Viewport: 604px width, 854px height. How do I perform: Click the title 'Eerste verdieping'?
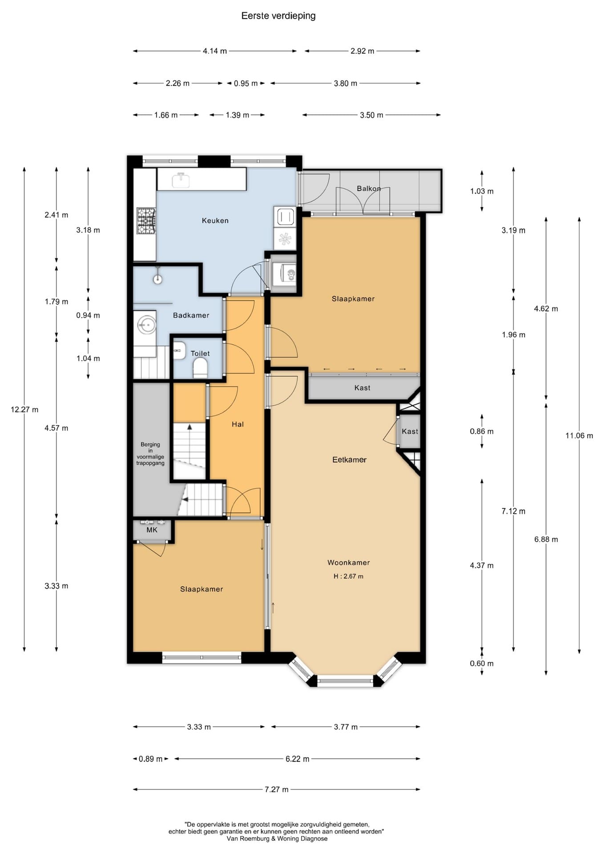tap(278, 16)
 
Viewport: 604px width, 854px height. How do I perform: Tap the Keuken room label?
tap(215, 221)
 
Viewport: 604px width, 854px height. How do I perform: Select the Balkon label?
tap(369, 189)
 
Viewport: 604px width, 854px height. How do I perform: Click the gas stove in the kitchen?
tap(146, 221)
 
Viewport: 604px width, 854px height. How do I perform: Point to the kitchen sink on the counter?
tap(181, 180)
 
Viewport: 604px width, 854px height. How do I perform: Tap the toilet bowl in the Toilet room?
tap(201, 368)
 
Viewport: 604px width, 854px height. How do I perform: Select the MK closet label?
tap(152, 530)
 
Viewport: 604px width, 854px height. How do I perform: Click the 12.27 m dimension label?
tap(24, 410)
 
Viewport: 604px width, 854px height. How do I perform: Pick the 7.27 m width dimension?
tap(277, 790)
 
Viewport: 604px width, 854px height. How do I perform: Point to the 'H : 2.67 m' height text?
tap(349, 576)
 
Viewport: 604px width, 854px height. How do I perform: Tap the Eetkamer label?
tap(350, 460)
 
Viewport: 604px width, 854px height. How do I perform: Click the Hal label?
tap(238, 424)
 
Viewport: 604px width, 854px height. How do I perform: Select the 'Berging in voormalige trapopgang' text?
tap(150, 454)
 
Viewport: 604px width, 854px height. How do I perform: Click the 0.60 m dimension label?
tap(482, 664)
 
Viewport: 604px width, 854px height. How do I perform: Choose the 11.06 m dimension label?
tap(579, 436)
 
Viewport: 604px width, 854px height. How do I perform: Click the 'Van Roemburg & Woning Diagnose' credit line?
tap(277, 838)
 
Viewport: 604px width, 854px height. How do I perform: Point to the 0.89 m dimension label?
tap(151, 759)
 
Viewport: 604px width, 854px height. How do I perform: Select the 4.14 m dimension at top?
tap(215, 51)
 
